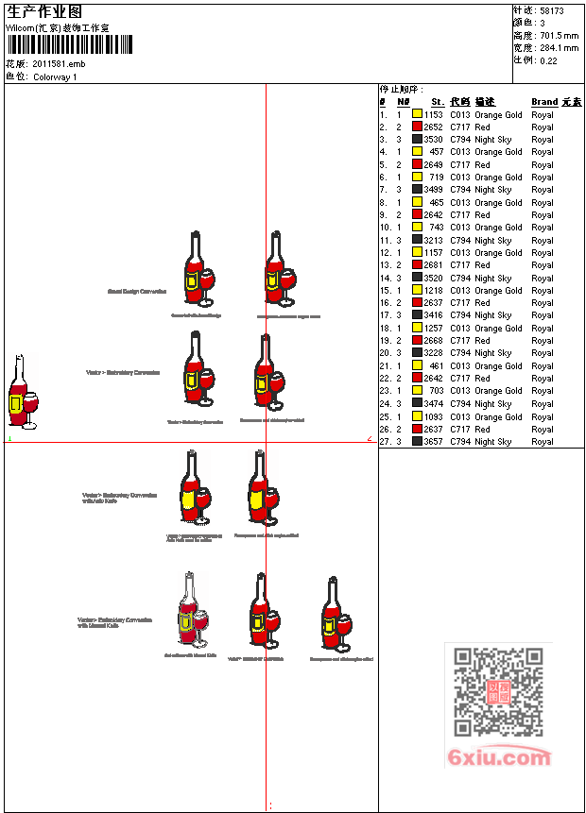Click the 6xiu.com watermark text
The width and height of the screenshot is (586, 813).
tap(499, 757)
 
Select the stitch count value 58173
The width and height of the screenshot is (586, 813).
tap(552, 10)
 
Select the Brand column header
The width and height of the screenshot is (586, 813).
tap(544, 102)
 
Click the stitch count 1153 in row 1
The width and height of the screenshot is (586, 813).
tap(433, 114)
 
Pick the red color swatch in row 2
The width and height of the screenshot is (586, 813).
tap(417, 127)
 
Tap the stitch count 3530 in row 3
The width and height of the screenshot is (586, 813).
tap(433, 139)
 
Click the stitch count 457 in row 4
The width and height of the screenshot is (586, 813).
tap(436, 152)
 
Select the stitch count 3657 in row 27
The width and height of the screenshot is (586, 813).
tap(433, 442)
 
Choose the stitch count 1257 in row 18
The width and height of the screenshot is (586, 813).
tap(433, 329)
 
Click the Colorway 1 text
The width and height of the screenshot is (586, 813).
tap(55, 76)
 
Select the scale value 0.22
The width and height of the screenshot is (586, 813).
tap(548, 60)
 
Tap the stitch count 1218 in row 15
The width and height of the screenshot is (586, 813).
tap(433, 291)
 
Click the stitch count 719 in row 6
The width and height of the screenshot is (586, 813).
tap(436, 178)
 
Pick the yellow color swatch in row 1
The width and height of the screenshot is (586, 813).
tap(417, 114)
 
